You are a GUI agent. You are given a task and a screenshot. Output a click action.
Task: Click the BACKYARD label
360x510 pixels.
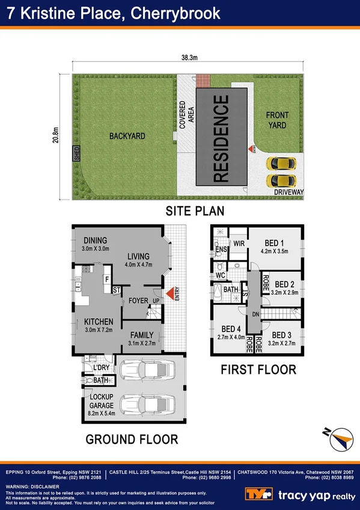pos(127,137)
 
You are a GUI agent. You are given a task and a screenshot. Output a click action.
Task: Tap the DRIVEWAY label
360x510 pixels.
pos(289,192)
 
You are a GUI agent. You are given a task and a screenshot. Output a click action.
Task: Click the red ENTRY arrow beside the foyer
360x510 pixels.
pos(170,293)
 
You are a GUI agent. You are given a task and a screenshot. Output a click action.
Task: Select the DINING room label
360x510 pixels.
pos(95,240)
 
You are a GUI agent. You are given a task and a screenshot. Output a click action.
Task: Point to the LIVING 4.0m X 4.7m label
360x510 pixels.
pos(139,259)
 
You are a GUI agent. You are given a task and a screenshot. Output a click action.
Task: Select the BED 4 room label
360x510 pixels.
pos(231,333)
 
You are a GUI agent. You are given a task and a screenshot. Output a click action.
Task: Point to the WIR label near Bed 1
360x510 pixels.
pos(238,244)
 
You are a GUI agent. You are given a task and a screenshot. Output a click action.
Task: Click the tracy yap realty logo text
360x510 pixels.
pos(317,494)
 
